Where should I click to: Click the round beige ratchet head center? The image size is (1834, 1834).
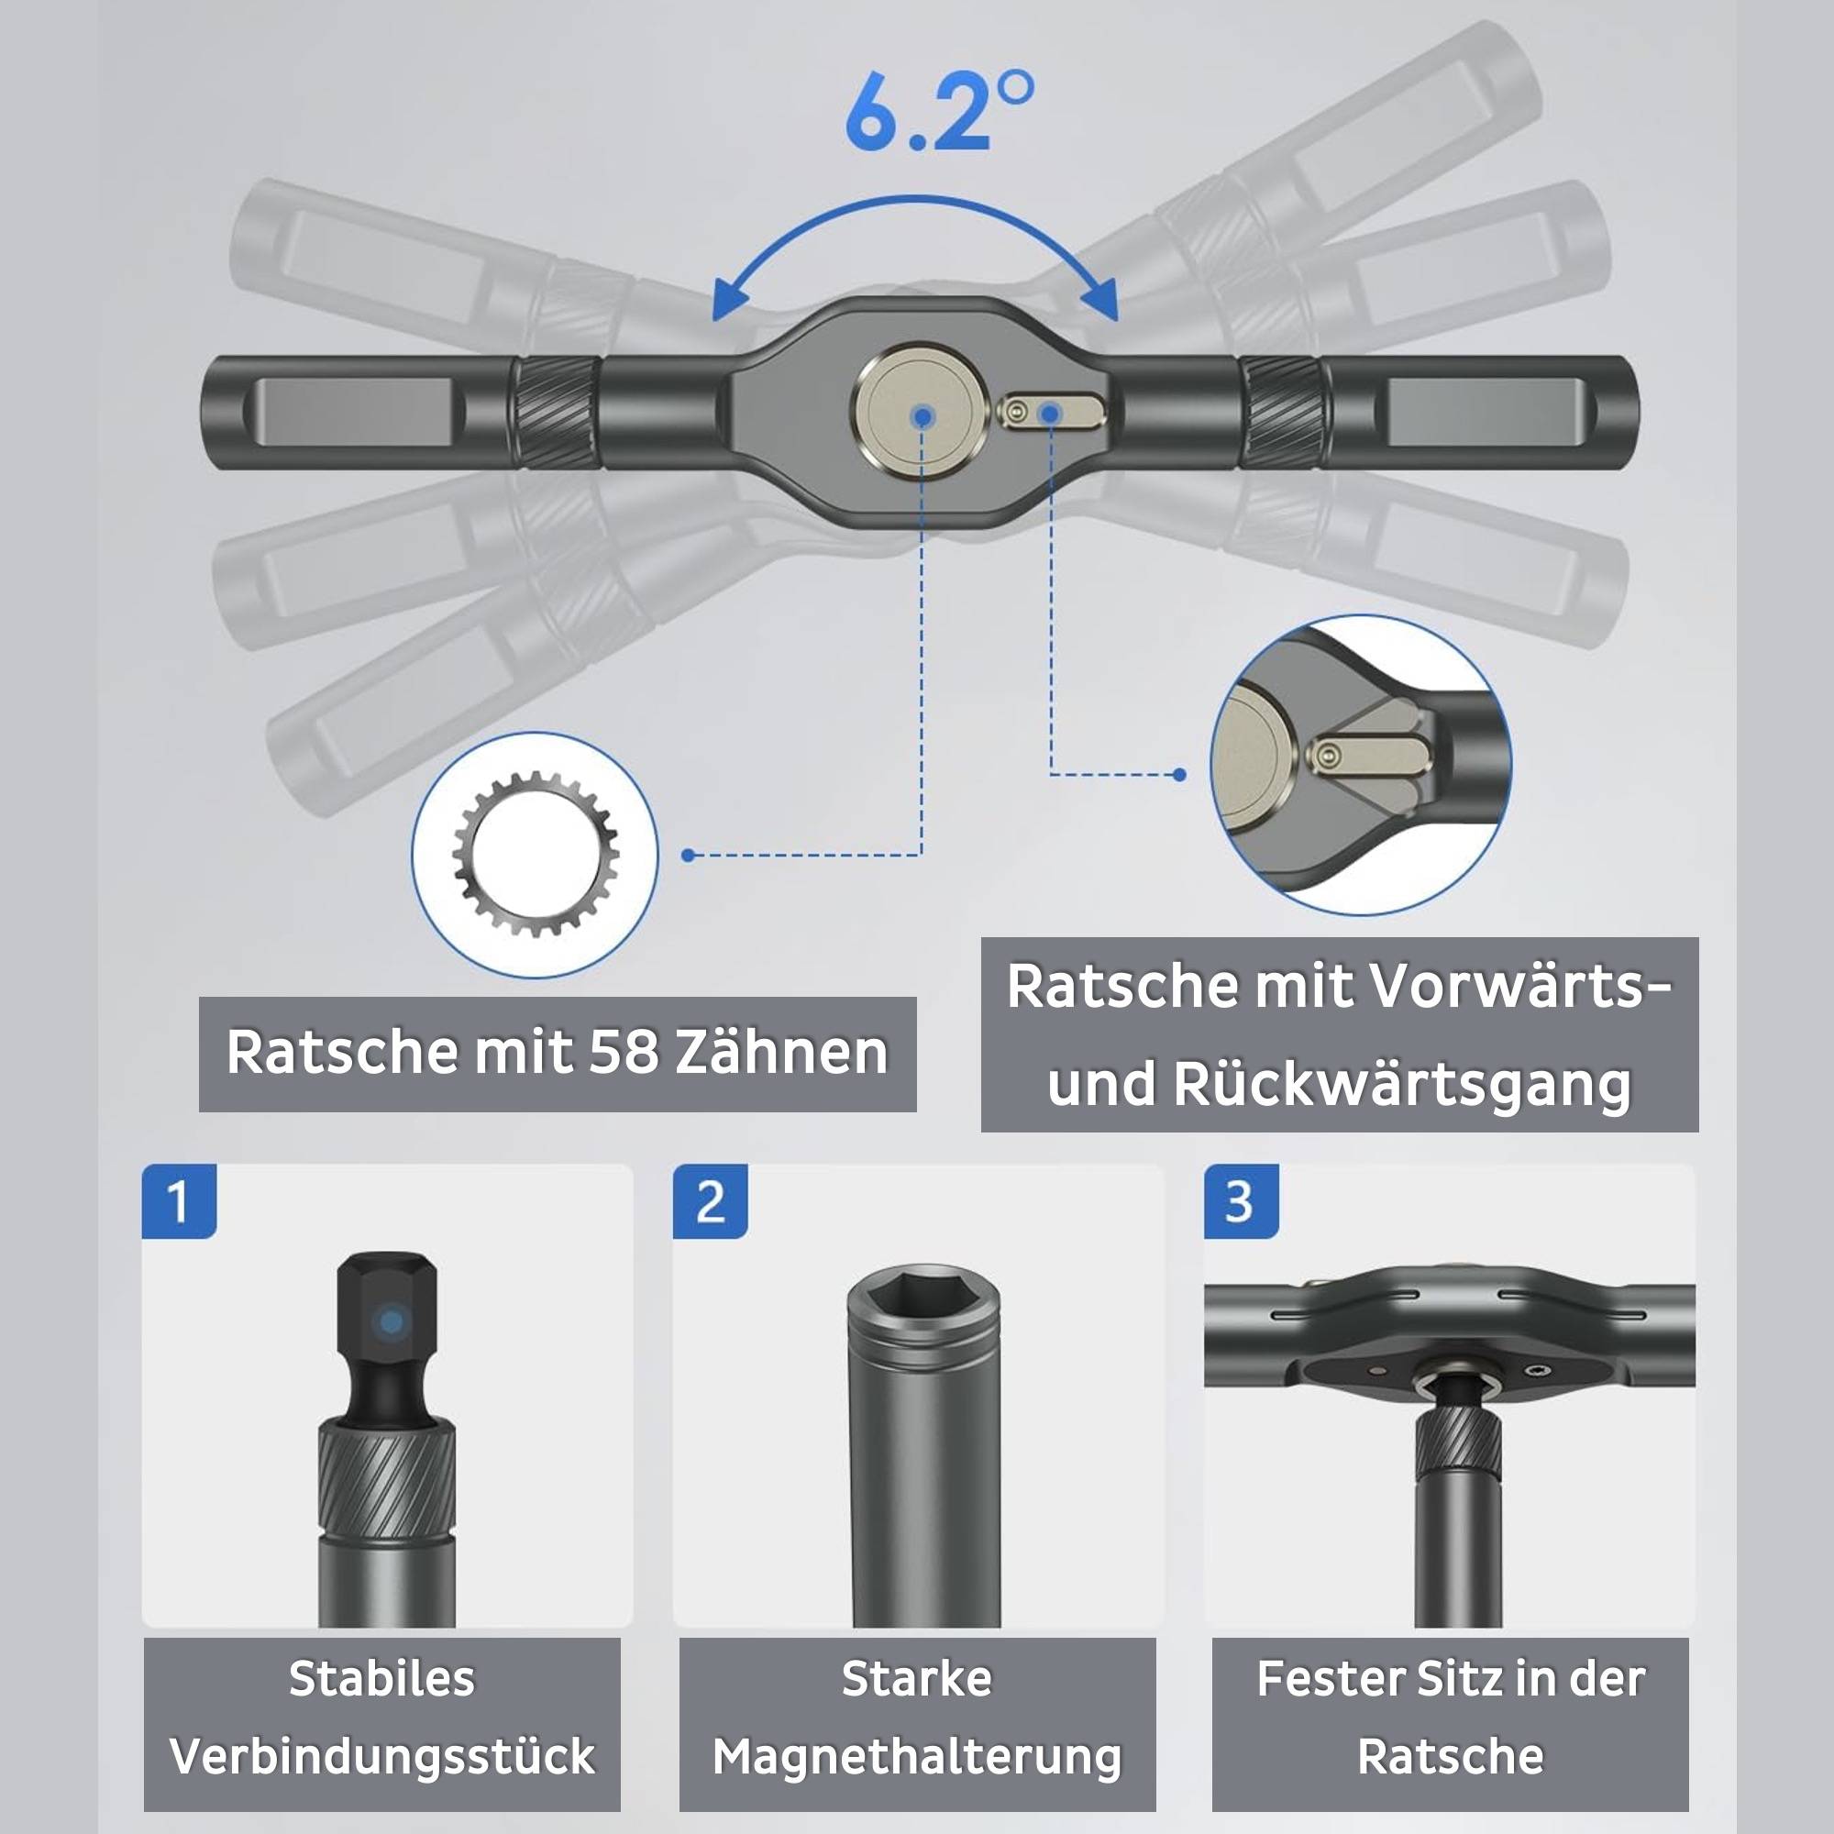tap(920, 414)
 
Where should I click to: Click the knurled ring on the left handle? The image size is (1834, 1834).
tap(558, 414)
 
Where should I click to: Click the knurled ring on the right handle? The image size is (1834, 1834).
tap(1279, 414)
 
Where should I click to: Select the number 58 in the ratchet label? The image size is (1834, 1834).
tap(623, 1053)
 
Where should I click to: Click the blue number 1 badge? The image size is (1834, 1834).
tap(179, 1202)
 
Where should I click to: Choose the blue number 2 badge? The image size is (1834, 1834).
tap(709, 1202)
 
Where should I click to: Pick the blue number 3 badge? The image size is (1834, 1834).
tap(1240, 1202)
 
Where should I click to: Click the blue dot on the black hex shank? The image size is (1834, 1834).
tap(390, 1321)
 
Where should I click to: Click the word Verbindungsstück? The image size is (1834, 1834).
tap(381, 1756)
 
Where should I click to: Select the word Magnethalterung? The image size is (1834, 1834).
tap(917, 1756)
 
